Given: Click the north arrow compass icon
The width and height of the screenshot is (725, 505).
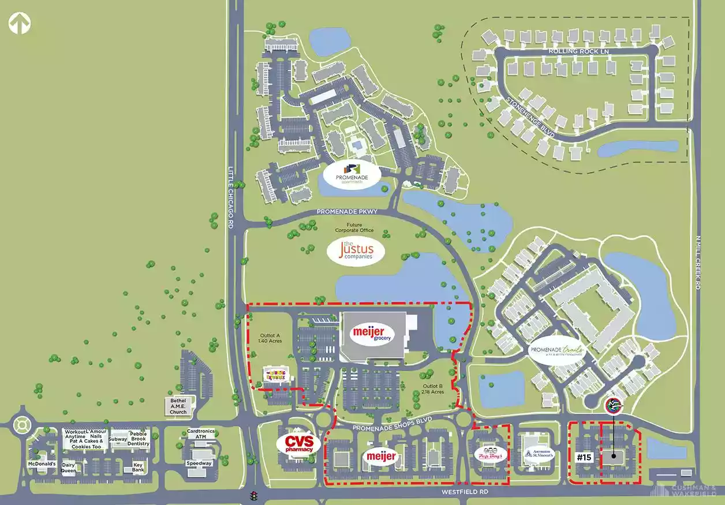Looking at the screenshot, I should point(20,24).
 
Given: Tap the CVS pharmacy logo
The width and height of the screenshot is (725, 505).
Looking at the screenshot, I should point(298,443).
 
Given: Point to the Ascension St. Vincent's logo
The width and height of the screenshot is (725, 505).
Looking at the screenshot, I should point(539,454).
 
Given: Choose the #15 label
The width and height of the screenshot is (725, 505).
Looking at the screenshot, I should point(585,457).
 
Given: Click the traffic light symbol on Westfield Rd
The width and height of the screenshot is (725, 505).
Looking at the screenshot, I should point(253,495).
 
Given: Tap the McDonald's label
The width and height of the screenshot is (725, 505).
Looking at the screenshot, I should point(42,463).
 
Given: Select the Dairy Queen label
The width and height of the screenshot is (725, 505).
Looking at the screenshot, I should point(69,467).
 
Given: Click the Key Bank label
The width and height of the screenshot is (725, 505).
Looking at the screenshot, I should point(138,467).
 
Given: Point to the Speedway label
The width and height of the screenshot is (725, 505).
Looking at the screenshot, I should point(199,463).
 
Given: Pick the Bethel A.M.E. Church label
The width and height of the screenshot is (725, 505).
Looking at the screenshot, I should point(178,406).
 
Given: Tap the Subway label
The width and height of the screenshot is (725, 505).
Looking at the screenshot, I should point(118,439).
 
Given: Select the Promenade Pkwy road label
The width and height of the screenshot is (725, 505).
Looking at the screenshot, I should point(347,212).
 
